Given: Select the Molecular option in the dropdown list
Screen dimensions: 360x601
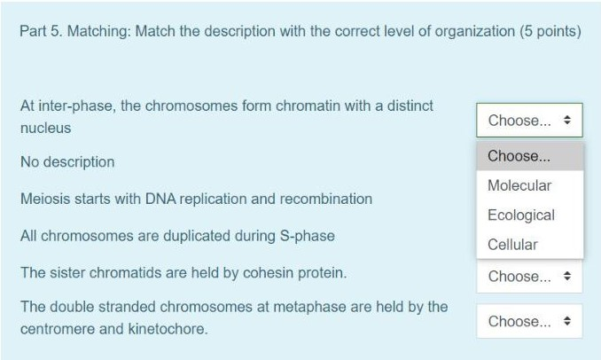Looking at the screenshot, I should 519,185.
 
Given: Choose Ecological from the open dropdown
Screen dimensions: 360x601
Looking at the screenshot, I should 521,215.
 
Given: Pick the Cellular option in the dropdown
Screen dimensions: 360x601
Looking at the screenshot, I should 512,244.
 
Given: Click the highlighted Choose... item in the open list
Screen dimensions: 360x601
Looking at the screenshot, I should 519,156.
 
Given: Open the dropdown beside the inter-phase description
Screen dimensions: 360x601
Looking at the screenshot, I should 529,120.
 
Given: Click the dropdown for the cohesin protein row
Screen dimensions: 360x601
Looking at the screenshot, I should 529,276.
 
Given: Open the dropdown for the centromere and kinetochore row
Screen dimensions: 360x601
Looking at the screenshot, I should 529,321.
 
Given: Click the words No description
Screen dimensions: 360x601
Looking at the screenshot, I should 67,162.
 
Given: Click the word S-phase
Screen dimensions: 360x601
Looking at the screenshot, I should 308,236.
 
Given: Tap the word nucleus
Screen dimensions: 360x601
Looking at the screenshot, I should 45,128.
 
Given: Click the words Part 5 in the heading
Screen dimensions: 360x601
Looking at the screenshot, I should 38,31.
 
